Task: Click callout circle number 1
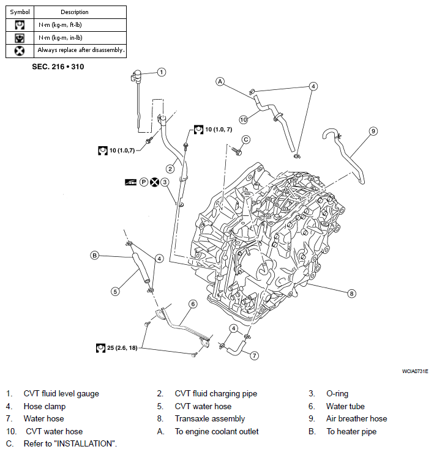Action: tap(162, 72)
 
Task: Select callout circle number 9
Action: tap(373, 131)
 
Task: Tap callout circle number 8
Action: tap(351, 294)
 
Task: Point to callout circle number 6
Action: tap(193, 304)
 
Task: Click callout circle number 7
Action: tap(254, 356)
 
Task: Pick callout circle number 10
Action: tap(244, 119)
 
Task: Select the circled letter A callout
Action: tap(220, 81)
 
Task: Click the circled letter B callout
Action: tap(95, 256)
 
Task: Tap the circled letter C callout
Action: tap(246, 139)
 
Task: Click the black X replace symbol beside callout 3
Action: tap(154, 182)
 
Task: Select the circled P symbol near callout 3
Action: tap(144, 182)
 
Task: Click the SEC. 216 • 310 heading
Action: tap(58, 67)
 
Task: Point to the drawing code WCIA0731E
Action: tap(415, 371)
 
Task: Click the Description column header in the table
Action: tap(75, 12)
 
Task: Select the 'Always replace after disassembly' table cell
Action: tap(80, 51)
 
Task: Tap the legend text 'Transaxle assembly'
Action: tap(210, 419)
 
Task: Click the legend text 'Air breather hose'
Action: tap(357, 418)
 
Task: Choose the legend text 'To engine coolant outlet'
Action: tap(217, 432)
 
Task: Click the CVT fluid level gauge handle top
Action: tap(137, 73)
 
